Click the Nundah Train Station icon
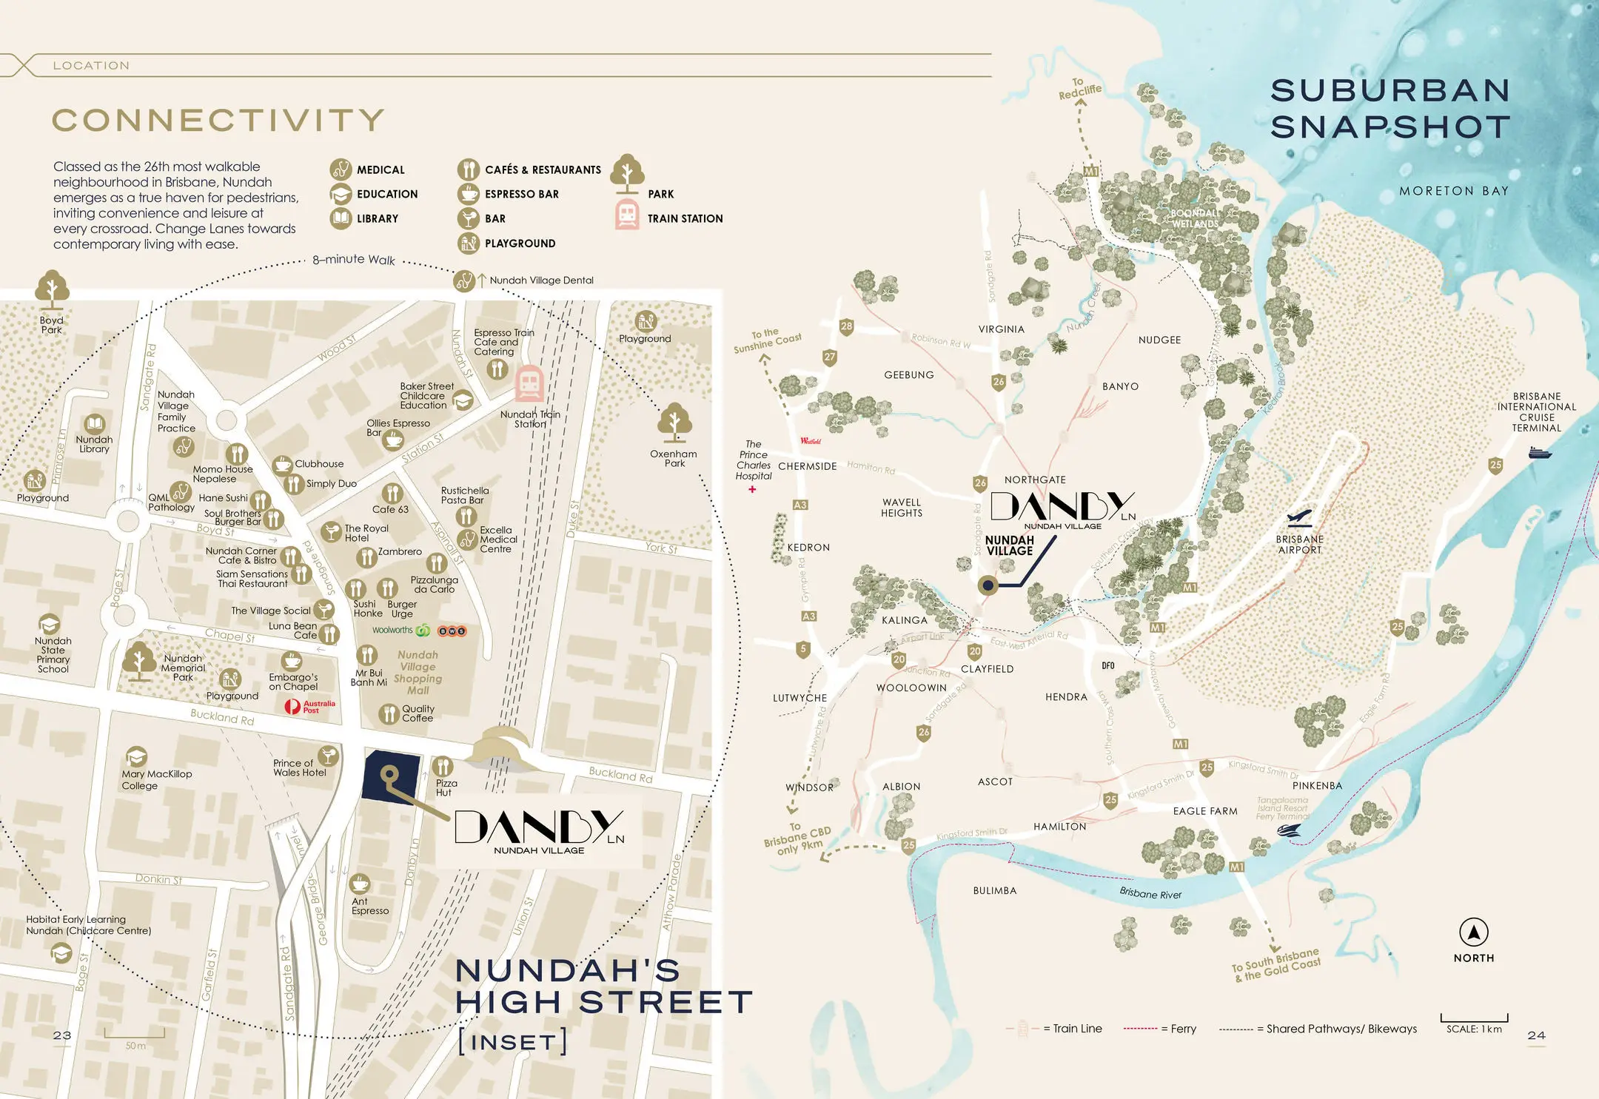point(529,383)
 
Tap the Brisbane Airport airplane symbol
point(1299,517)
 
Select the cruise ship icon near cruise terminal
point(1539,452)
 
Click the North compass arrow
point(1473,932)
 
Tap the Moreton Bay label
point(1453,191)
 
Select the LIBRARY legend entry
point(377,218)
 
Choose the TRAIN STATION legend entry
point(684,218)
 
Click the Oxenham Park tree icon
point(674,422)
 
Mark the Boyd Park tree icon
point(52,289)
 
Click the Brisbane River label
point(1150,894)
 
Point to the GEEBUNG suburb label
point(908,375)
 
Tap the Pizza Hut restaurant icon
point(443,766)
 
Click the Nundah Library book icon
point(94,424)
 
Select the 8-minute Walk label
point(354,260)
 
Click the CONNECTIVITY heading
point(218,121)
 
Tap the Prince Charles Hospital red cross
point(752,489)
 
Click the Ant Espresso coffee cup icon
point(360,884)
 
